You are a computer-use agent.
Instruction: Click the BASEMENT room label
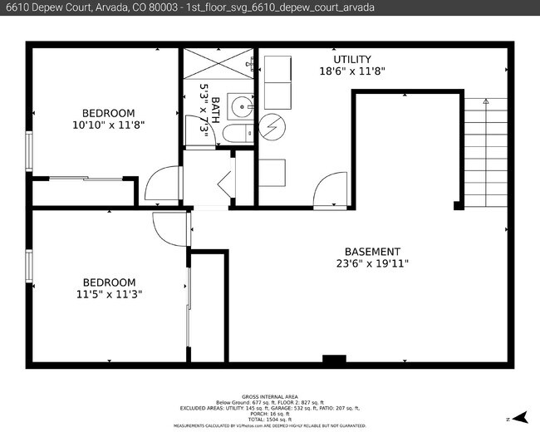pos(372,252)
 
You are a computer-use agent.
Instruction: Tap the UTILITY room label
pos(352,60)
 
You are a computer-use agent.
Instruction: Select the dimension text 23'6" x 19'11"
pos(372,264)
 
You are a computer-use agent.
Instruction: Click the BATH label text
pos(216,108)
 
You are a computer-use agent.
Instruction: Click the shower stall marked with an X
pos(218,62)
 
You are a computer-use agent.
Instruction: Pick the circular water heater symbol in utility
pos(272,126)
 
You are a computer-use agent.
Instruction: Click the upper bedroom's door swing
pos(164,184)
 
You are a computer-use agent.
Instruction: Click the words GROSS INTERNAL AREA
pos(269,397)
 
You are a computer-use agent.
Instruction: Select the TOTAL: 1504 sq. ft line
pos(269,420)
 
